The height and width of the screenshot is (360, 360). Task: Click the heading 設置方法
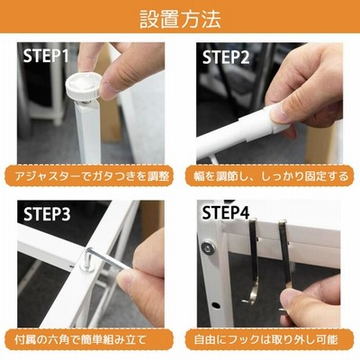[180, 19]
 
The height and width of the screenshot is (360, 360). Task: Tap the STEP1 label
[46, 56]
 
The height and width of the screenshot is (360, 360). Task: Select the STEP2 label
[226, 57]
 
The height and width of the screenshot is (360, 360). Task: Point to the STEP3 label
[47, 214]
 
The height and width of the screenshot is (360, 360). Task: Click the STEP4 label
[226, 212]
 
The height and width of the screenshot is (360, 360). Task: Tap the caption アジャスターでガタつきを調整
[92, 176]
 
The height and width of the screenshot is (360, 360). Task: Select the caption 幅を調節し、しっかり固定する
[267, 176]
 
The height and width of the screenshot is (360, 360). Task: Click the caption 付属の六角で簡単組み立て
[81, 339]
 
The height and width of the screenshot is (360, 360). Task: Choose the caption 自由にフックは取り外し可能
[265, 339]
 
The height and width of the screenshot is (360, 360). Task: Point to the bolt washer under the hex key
[87, 268]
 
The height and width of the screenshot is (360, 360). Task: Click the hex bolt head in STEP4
[209, 248]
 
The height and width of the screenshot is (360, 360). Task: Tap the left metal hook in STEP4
[253, 258]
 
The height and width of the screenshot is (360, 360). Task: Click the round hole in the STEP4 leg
[215, 306]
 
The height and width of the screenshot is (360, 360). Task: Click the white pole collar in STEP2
[255, 126]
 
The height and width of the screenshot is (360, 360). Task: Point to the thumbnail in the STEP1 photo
[109, 89]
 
